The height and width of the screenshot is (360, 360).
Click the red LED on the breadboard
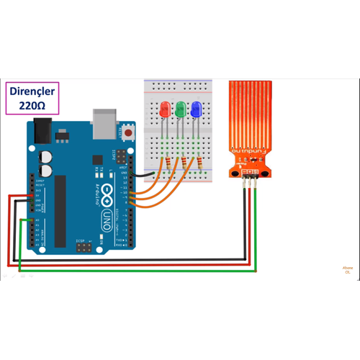164,110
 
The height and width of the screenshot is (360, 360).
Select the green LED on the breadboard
180,110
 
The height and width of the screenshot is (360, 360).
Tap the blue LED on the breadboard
196,110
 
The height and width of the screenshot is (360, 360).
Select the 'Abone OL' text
347,271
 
